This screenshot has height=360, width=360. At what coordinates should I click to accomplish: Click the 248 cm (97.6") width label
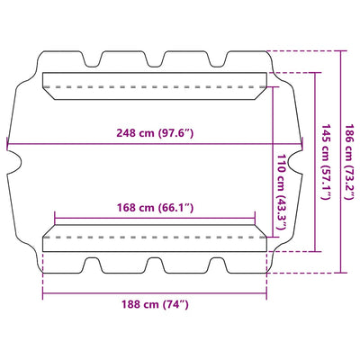pos(155,132)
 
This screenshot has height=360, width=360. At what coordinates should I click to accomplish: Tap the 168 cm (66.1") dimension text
pos(155,207)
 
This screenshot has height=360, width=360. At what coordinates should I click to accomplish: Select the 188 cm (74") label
pos(155,304)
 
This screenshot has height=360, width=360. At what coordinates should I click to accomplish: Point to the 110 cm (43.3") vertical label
pos(281,192)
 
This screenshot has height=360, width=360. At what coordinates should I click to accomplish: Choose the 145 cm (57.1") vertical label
pos(326,162)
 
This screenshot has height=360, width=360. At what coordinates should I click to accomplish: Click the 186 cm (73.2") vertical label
pos(351,162)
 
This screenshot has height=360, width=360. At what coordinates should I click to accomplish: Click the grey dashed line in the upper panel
pos(155,87)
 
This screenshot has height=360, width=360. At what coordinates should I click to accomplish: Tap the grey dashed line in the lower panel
pos(155,237)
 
